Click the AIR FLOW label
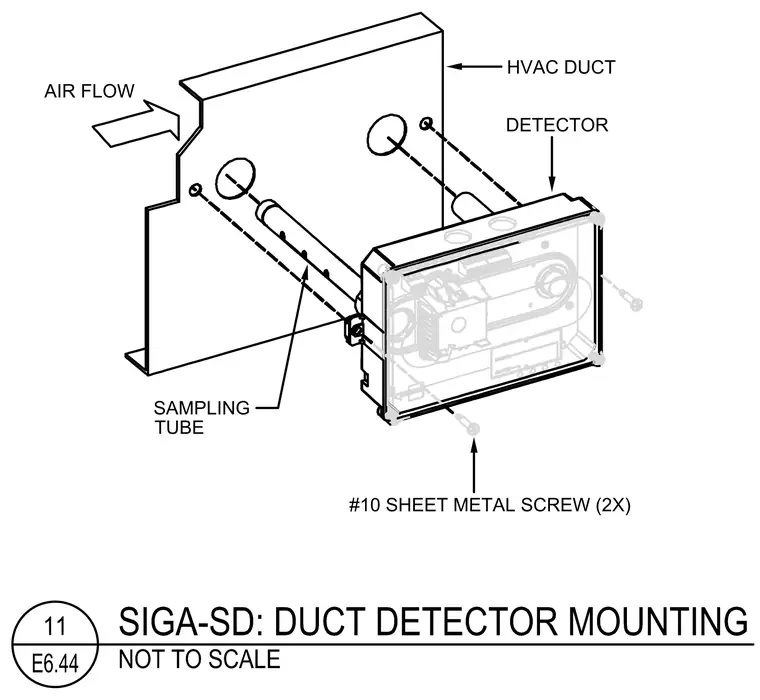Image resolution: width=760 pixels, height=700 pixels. (89, 91)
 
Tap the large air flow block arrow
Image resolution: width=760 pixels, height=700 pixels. (137, 124)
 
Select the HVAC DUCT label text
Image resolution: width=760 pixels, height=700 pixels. (561, 67)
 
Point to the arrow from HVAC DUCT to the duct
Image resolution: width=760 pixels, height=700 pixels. (474, 66)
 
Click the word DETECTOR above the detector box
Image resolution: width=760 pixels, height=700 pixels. (557, 125)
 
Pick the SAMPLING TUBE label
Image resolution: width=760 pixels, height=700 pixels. (202, 417)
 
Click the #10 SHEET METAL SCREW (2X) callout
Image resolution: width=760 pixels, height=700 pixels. (490, 505)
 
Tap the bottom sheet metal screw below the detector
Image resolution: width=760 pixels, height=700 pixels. (468, 424)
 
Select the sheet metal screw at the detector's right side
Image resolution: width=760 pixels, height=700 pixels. (629, 297)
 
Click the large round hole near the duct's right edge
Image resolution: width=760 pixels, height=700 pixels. (386, 134)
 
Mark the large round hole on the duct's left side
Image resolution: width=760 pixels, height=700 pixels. (235, 177)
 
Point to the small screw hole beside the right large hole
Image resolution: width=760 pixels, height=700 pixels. (426, 124)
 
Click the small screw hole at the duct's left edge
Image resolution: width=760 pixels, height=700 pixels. (195, 190)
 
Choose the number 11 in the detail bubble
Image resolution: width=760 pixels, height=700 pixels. (54, 626)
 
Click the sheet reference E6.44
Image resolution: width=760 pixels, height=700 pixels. (55, 663)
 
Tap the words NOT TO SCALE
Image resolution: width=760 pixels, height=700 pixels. (199, 659)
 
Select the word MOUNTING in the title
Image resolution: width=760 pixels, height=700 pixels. (658, 621)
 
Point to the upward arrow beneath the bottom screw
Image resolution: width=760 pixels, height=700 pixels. (474, 464)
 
